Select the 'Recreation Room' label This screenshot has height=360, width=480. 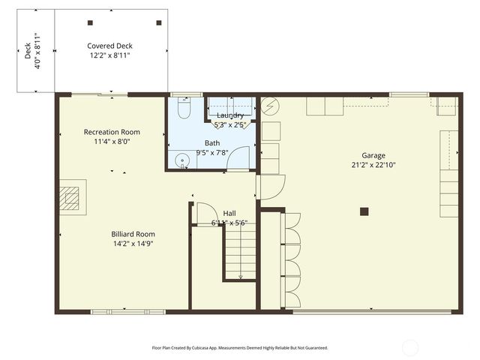tap(111, 132)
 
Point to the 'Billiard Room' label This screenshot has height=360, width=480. tap(133, 233)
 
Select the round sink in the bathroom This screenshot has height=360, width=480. tap(181, 160)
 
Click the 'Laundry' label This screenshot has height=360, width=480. tap(230, 115)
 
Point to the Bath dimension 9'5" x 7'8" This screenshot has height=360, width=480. tap(212, 152)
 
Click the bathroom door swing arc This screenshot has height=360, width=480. tap(238, 157)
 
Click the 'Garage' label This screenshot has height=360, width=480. tap(373, 155)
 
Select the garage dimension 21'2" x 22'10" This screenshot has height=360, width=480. tap(373, 165)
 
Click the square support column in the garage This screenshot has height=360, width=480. tap(364, 211)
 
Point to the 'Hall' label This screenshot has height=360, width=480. tap(229, 213)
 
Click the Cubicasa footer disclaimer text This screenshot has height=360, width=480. tap(240, 348)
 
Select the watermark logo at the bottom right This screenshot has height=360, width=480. tap(410, 347)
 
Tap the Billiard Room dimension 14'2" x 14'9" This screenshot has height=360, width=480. tap(133, 243)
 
